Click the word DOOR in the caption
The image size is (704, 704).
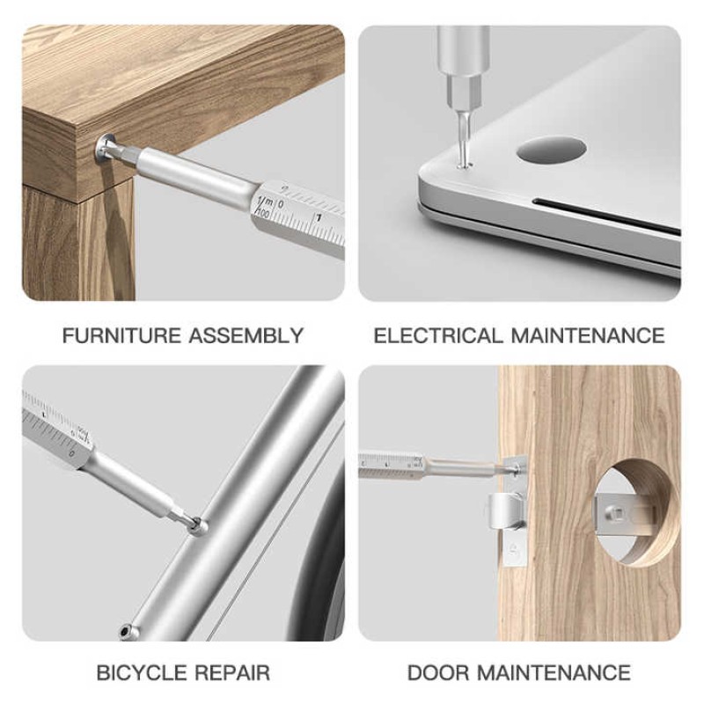[438, 673]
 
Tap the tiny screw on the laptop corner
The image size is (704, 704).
[464, 162]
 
